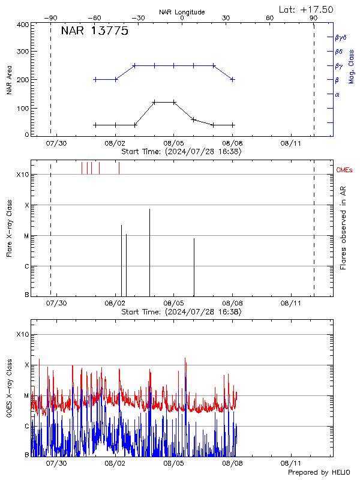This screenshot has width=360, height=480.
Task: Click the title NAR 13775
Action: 95,32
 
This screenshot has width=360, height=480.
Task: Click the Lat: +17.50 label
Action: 306,9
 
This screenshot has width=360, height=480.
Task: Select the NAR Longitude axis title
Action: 182,12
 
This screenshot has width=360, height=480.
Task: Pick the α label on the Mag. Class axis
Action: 337,94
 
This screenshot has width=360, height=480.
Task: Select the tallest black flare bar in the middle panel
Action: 149,252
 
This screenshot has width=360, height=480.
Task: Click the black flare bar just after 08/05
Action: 194,267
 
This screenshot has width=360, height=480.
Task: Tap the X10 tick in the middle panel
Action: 23,175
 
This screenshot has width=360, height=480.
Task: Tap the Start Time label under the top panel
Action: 181,152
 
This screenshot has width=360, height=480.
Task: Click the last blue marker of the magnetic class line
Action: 233,79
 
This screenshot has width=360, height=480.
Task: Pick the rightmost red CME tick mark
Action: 119,168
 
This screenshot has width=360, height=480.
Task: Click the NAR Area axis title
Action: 9,80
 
